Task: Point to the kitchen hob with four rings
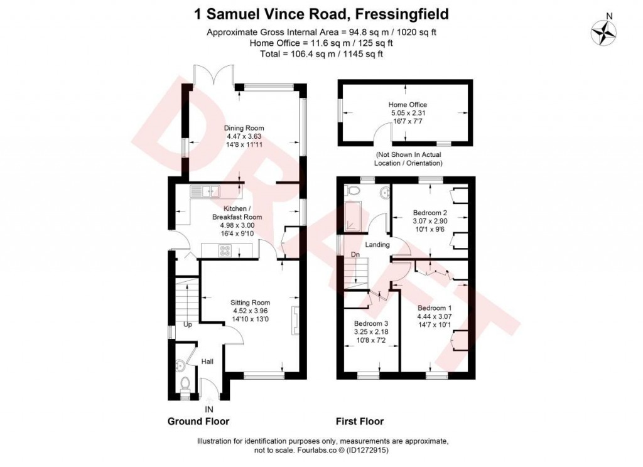pyautogui.click(x=225, y=250)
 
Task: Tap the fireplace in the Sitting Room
pyautogui.click(x=294, y=321)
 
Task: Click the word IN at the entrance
pyautogui.click(x=208, y=409)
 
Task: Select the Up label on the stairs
pyautogui.click(x=188, y=325)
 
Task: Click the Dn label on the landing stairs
pyautogui.click(x=355, y=254)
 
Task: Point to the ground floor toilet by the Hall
pyautogui.click(x=185, y=382)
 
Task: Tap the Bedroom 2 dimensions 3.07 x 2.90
pyautogui.click(x=429, y=222)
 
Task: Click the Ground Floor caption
pyautogui.click(x=198, y=421)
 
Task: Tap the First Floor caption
pyautogui.click(x=359, y=421)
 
